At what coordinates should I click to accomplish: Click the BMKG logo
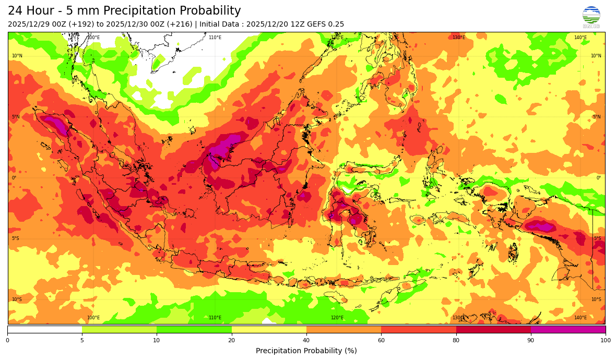tap(591, 16)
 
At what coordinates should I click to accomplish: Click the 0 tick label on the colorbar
tap(7, 341)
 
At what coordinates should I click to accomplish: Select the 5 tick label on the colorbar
tap(82, 341)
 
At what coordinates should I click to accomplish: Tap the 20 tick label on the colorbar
tap(231, 341)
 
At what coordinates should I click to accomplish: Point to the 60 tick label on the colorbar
tap(381, 341)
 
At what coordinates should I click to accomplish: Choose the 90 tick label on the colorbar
tap(531, 341)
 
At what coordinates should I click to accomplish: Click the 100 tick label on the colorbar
tap(605, 341)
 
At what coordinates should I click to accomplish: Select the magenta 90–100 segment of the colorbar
tap(568, 329)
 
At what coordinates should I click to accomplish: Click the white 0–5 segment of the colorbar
tap(44, 329)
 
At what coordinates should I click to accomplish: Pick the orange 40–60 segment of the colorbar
tap(343, 329)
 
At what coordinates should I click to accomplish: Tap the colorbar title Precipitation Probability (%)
tap(306, 351)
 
